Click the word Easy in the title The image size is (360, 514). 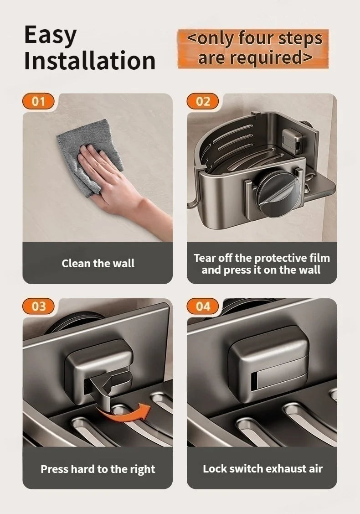coord(50,36)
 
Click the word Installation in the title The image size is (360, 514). coord(90,61)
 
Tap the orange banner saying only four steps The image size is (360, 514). coord(253,48)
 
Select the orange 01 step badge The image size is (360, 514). coord(38,101)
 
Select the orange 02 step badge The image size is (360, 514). coord(203,101)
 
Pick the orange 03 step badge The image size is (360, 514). coord(38,306)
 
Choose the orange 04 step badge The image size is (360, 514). coord(203,306)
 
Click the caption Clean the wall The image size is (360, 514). coord(98,263)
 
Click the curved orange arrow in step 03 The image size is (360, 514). coord(125,413)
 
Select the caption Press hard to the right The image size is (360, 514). coord(98,469)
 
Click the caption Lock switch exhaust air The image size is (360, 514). coord(262,468)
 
